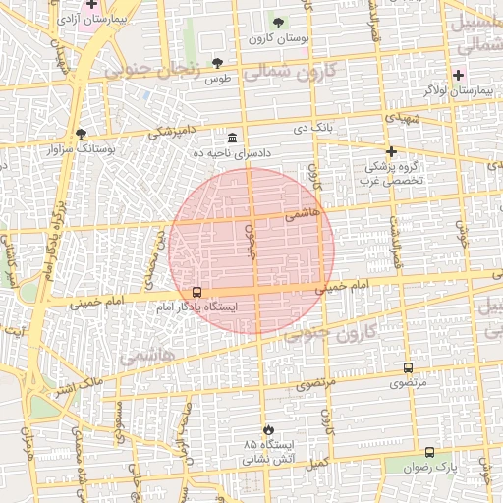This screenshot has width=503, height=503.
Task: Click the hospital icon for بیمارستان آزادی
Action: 91,5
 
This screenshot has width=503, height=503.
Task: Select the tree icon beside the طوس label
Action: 218,64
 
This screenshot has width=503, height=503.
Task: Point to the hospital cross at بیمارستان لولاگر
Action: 458,75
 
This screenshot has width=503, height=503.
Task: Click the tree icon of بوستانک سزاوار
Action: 81,134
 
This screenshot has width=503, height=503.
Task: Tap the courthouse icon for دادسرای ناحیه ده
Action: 232,138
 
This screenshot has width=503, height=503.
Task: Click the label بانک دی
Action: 313,127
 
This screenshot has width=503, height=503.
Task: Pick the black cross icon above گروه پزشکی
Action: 391,151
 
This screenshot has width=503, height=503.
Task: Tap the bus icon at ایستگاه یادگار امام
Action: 197,292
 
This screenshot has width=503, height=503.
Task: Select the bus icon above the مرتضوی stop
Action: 408,367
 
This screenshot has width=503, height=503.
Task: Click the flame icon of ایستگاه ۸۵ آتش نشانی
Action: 268,429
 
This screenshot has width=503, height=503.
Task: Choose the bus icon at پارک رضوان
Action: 429,452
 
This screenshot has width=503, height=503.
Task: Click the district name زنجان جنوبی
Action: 162,68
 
